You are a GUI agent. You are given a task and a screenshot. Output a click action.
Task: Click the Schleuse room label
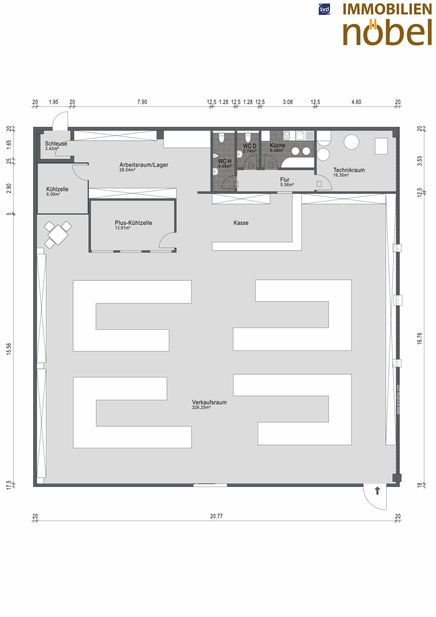click(x=56, y=143)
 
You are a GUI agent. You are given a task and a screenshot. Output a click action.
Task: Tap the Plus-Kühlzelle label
click(x=133, y=223)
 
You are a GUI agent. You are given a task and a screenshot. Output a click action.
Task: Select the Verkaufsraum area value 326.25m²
click(x=201, y=407)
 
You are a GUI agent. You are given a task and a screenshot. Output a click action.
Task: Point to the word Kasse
click(x=241, y=223)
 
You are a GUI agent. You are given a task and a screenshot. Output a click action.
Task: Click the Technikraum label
click(x=349, y=170)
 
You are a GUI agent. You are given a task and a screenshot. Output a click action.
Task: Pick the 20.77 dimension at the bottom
click(x=216, y=516)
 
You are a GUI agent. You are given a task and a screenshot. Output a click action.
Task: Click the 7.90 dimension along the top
click(x=142, y=102)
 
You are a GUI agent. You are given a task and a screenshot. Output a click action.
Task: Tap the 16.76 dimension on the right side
click(x=419, y=339)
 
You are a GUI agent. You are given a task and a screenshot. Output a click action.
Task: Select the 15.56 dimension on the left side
click(x=9, y=349)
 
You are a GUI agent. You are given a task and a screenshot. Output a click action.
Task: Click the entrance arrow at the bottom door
click(x=377, y=490)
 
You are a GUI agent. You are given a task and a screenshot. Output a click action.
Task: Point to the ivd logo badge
click(x=324, y=9)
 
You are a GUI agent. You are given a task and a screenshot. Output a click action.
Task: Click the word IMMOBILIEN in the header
click(x=387, y=9)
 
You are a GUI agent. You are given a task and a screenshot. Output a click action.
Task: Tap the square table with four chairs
click(x=58, y=235)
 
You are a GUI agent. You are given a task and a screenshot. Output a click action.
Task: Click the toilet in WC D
click(x=248, y=138)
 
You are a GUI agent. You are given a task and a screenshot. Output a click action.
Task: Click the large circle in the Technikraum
click(x=351, y=142)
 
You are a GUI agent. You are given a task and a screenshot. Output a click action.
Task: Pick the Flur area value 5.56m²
click(x=287, y=185)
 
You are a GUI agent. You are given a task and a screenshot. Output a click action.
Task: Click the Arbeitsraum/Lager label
click(x=144, y=165)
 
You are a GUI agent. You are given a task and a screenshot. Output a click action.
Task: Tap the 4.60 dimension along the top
click(x=356, y=102)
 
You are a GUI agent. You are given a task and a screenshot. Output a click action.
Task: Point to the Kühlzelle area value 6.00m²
click(x=53, y=194)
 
